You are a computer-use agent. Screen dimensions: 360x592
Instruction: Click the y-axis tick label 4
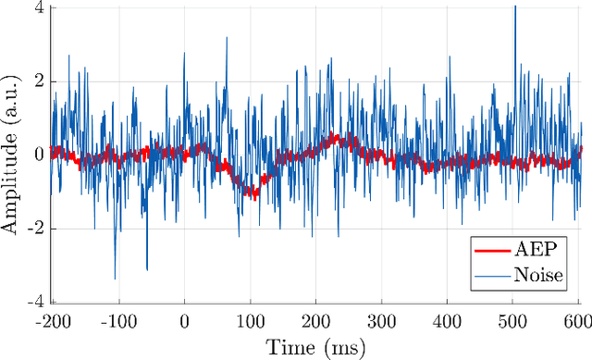point(38,8)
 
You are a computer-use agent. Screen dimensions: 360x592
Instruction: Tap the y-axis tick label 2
point(38,81)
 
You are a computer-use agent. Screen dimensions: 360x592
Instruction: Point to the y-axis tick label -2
point(35,229)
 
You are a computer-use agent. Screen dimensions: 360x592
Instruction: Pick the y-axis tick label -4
point(35,302)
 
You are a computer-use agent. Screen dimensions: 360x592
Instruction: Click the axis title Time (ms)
point(316,347)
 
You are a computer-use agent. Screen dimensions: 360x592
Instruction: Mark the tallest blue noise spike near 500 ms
point(514,7)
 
